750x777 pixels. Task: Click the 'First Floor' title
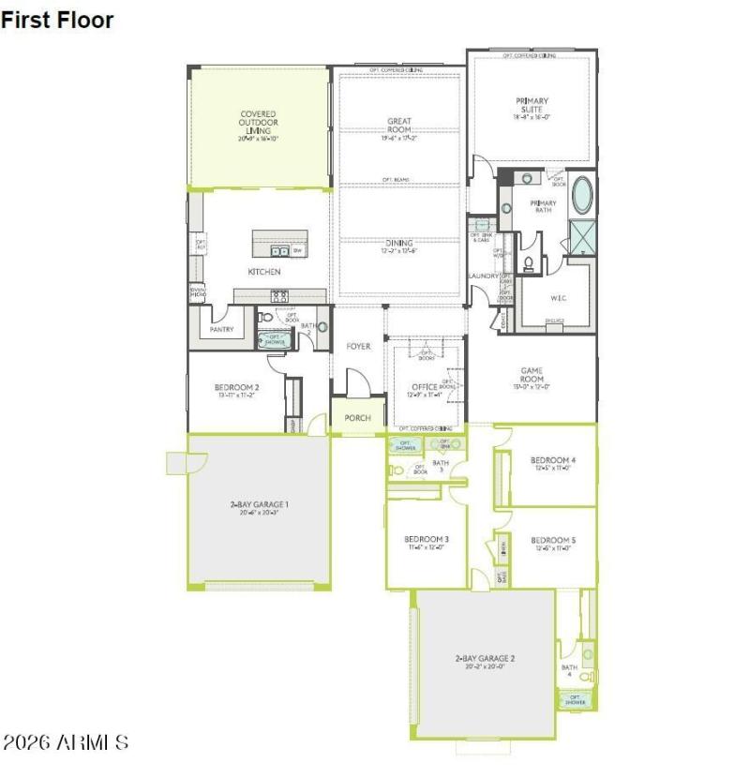(57, 20)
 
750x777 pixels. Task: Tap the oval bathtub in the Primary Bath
(582, 195)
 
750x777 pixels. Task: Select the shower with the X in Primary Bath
(583, 234)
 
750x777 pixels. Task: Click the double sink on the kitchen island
(278, 250)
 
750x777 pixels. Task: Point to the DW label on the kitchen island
(297, 250)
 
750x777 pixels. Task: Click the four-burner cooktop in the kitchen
(279, 296)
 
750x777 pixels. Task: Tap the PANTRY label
(221, 329)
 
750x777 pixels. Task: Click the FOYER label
(357, 346)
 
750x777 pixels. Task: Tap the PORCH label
(357, 418)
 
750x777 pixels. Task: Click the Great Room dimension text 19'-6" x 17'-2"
(399, 138)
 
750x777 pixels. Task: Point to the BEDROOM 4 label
(553, 459)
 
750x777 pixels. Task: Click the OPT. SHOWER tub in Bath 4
(574, 699)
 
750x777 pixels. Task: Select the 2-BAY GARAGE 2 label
(485, 658)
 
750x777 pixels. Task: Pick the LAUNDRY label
(484, 276)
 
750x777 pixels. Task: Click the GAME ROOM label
(532, 375)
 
